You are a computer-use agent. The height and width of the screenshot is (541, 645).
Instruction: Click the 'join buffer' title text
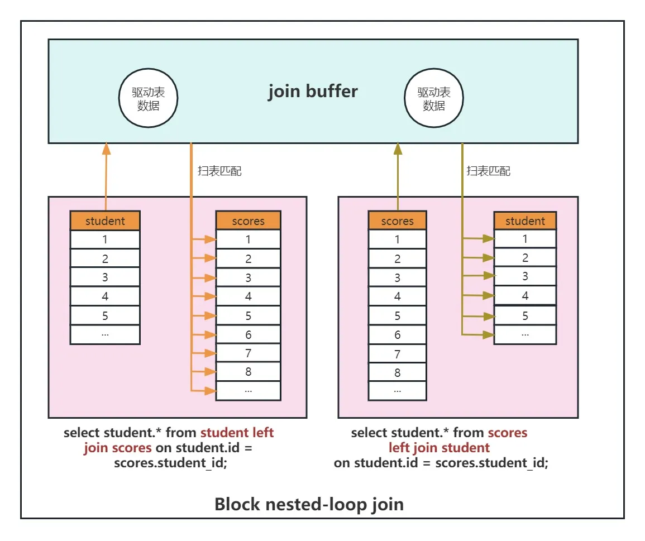[x=313, y=92]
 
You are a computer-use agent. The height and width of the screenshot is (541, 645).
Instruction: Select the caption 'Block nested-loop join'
[x=309, y=504]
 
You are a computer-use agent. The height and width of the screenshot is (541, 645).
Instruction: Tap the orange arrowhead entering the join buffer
[x=106, y=149]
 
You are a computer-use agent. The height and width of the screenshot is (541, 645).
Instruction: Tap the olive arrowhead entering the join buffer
[x=398, y=149]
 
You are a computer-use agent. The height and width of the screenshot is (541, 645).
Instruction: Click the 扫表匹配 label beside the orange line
[x=219, y=171]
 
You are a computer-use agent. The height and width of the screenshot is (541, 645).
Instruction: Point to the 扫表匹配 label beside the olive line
[x=488, y=171]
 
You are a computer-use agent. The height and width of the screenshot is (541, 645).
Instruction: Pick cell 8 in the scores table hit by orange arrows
[x=248, y=372]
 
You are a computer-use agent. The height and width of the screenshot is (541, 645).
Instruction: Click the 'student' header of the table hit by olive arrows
[x=525, y=221]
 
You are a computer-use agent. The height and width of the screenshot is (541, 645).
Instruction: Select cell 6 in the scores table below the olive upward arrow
[x=398, y=335]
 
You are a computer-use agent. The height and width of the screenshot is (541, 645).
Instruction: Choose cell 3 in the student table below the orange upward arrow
[x=105, y=277]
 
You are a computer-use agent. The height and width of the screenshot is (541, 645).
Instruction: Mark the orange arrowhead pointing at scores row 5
[x=211, y=315]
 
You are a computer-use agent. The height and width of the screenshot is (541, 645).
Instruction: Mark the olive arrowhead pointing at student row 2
[x=489, y=257]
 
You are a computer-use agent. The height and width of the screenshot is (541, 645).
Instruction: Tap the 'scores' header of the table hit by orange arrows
[x=248, y=221]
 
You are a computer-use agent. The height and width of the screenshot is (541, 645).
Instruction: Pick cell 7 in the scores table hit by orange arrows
[x=248, y=353]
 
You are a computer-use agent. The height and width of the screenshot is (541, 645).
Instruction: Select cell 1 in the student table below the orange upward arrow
[x=105, y=240]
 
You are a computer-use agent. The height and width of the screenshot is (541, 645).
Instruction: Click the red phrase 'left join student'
[x=439, y=448]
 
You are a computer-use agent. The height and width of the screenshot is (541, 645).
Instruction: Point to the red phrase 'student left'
[x=237, y=432]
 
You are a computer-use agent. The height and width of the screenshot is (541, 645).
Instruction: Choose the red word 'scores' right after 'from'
[x=507, y=433]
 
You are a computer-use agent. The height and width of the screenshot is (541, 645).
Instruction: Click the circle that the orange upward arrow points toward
[x=148, y=69]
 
